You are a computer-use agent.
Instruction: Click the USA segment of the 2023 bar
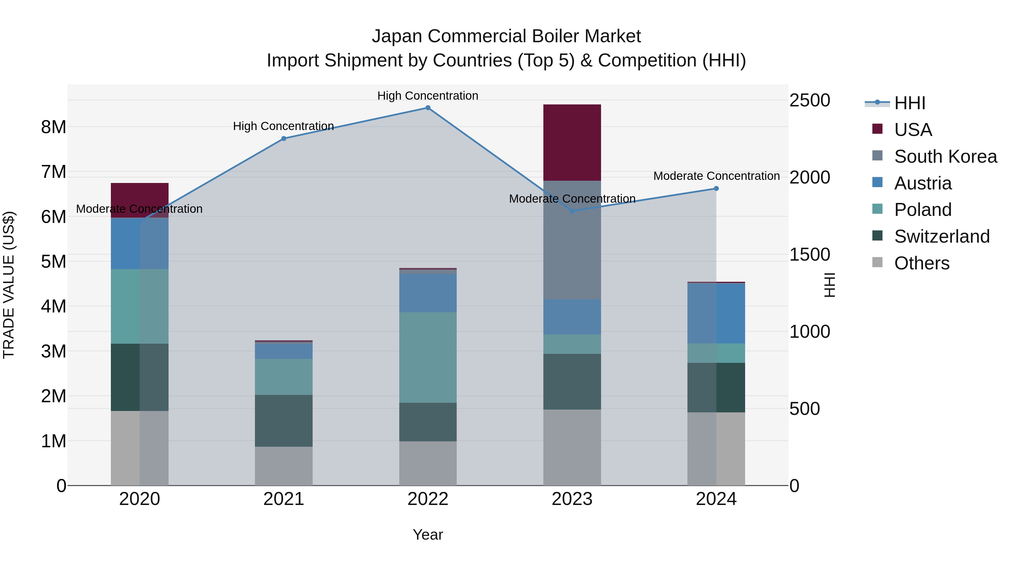click(x=572, y=142)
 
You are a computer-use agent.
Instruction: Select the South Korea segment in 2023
click(x=572, y=240)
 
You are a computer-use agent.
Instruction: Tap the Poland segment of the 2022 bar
click(x=428, y=357)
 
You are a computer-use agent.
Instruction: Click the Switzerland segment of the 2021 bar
click(x=284, y=421)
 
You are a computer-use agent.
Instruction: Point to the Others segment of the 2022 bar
click(x=428, y=463)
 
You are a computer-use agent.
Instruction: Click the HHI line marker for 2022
click(x=428, y=108)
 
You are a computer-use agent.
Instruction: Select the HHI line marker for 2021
click(x=284, y=138)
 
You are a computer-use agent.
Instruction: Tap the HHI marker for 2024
click(x=716, y=188)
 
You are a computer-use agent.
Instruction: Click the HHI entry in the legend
click(x=909, y=103)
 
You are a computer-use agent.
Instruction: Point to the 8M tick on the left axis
click(x=53, y=127)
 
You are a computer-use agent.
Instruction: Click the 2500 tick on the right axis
click(x=809, y=100)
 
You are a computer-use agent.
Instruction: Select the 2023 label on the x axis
click(x=572, y=499)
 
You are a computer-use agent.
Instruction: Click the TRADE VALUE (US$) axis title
click(x=9, y=285)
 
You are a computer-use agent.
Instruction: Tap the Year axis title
click(x=428, y=535)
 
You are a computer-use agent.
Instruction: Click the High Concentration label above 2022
click(x=428, y=96)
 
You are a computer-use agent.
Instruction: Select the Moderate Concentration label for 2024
click(x=716, y=176)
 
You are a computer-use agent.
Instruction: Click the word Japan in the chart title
click(x=397, y=36)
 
